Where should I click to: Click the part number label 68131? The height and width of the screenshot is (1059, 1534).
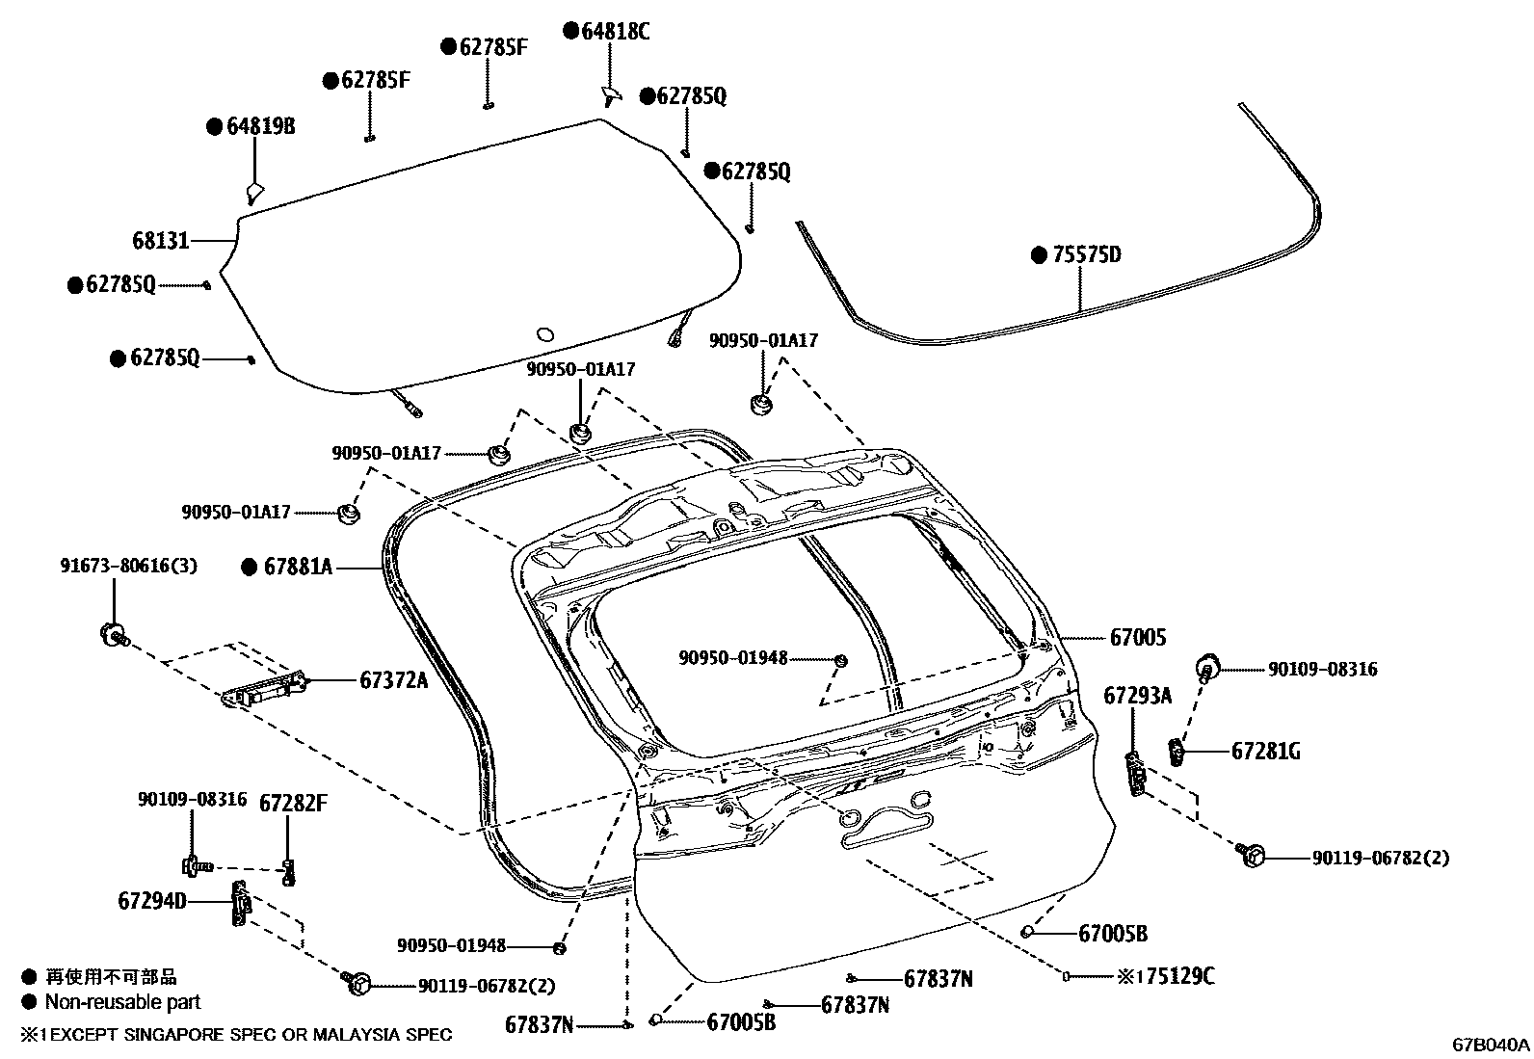click(x=161, y=240)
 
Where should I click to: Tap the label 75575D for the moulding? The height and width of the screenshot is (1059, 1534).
click(x=1087, y=255)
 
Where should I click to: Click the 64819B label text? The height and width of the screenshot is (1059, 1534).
click(x=260, y=126)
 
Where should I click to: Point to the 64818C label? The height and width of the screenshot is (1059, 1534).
click(x=615, y=32)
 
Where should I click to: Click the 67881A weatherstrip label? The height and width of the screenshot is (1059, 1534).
click(x=298, y=568)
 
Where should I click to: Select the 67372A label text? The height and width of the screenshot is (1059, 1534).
click(x=393, y=680)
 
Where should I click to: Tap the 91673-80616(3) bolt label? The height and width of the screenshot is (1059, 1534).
click(x=128, y=566)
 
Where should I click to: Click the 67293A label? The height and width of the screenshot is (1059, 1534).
click(x=1137, y=695)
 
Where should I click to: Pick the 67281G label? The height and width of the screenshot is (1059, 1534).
click(x=1265, y=751)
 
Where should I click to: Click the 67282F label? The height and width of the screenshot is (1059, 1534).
click(x=292, y=804)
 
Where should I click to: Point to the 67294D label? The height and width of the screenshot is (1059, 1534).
click(x=151, y=901)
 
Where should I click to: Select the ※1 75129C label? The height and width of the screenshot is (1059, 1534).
click(x=1166, y=976)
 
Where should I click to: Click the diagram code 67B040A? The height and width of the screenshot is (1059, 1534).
click(x=1492, y=1045)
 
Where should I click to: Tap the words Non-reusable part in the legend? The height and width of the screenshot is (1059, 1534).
click(x=122, y=1002)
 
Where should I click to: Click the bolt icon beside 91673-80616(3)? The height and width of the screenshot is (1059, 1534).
click(x=113, y=634)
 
